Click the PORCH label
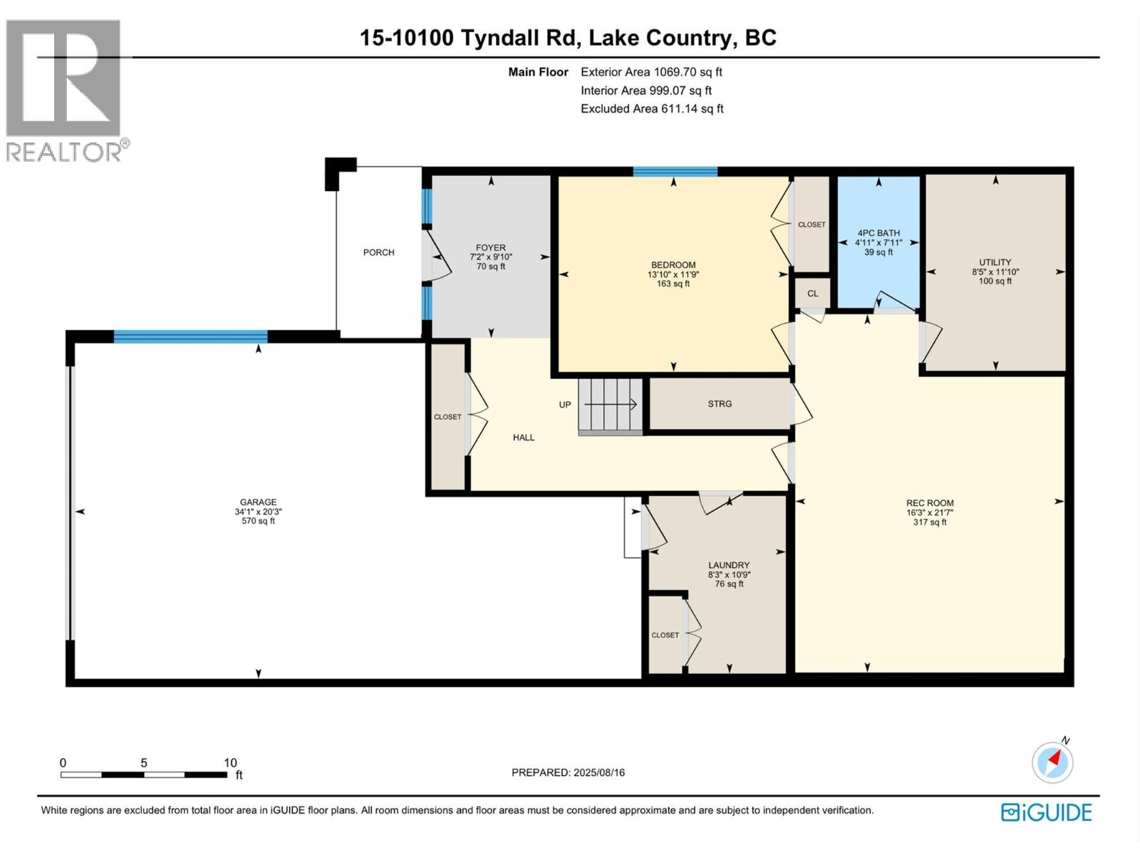[x=378, y=252]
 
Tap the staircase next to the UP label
[x=611, y=406]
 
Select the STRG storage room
[x=720, y=403]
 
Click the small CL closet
[x=812, y=294]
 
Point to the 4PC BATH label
[x=879, y=233]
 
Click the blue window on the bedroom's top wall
[x=675, y=172]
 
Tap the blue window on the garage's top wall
[x=191, y=336]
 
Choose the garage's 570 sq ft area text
[x=258, y=521]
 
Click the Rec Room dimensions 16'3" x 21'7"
[x=930, y=512]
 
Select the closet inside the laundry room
[x=665, y=634]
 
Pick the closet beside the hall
[x=447, y=417]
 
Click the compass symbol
[x=1052, y=762]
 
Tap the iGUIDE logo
[x=1046, y=812]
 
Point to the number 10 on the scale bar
[x=230, y=762]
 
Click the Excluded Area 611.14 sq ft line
[x=652, y=108]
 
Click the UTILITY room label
[x=995, y=262]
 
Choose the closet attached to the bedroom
[x=812, y=224]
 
